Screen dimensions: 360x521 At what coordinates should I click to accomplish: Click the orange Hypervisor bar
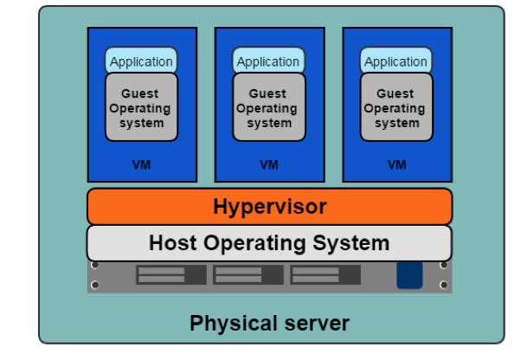pos(269,207)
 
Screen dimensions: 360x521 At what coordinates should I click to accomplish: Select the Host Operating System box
pos(269,242)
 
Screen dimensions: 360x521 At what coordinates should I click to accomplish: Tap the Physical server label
pos(269,324)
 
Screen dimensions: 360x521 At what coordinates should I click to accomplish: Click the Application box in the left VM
pos(141,61)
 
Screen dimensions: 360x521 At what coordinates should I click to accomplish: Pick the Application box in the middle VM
pos(268,61)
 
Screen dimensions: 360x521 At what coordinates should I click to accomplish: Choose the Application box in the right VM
pos(396,61)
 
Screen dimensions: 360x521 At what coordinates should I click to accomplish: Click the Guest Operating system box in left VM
pos(141,107)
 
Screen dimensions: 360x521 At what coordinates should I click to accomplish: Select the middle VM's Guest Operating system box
pos(268,107)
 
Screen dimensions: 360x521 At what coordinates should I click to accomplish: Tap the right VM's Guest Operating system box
pos(396,107)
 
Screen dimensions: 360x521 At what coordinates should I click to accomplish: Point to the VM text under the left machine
pos(141,164)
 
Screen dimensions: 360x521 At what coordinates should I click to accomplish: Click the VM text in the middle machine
pos(269,164)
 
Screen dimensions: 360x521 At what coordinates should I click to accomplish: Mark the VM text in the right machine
pos(396,164)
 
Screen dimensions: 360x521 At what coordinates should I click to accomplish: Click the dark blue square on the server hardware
pos(409,275)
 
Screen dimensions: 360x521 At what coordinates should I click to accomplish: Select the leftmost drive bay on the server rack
pos(170,275)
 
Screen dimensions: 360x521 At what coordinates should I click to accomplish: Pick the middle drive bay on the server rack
pos(248,275)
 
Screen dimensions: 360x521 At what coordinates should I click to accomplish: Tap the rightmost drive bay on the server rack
pos(325,275)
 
